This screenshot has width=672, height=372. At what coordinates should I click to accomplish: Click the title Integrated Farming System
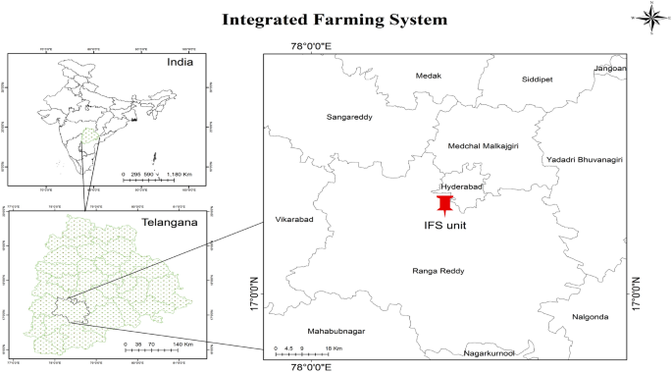(x=336, y=19)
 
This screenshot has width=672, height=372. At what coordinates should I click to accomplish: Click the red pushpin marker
(x=446, y=204)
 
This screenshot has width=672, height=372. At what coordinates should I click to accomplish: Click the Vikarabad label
(x=294, y=219)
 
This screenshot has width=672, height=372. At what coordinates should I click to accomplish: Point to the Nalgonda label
(x=591, y=316)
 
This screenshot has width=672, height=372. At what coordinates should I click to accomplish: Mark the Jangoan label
(x=610, y=69)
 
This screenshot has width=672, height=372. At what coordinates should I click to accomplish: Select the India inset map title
(x=179, y=62)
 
